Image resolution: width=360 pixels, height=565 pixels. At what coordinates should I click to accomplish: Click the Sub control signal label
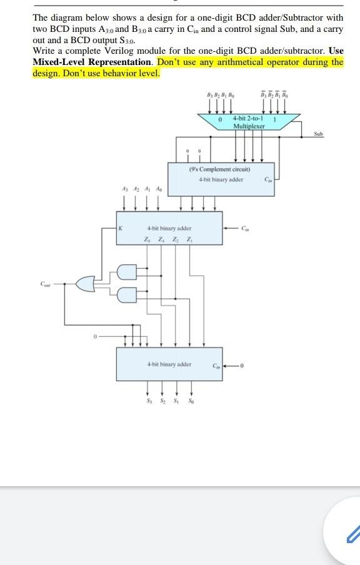[x=319, y=134]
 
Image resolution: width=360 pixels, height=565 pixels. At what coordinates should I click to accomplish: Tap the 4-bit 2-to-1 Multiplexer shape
[x=249, y=122]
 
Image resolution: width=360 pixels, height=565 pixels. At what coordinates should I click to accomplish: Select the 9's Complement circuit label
[x=219, y=169]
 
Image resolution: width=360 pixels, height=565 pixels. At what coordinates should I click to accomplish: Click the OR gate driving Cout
[x=85, y=284]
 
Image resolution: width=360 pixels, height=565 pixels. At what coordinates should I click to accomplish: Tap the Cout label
[x=43, y=284]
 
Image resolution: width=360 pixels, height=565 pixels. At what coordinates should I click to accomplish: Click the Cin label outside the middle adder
[x=246, y=227]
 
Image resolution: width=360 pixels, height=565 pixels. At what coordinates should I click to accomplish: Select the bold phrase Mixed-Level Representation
[x=92, y=62]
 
